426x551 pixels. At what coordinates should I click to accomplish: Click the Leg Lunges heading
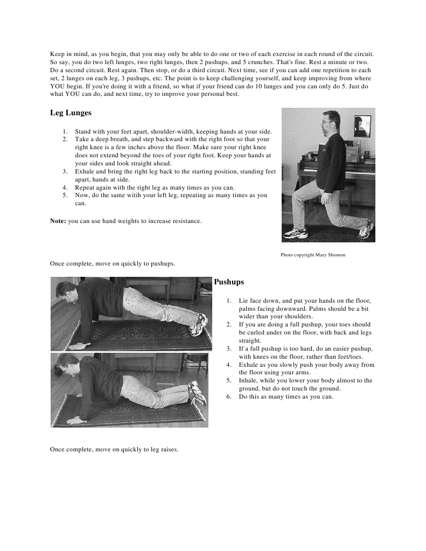pyautogui.click(x=71, y=113)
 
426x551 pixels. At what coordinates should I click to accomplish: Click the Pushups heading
pyautogui.click(x=229, y=282)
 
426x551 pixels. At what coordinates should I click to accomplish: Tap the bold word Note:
pyautogui.click(x=58, y=221)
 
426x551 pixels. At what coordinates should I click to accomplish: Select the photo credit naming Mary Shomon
pyautogui.click(x=312, y=255)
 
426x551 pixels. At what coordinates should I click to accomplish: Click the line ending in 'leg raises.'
pyautogui.click(x=114, y=449)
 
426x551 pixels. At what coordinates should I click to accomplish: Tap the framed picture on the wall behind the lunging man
pyautogui.click(x=362, y=125)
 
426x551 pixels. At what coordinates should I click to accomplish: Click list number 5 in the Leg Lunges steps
pyautogui.click(x=65, y=196)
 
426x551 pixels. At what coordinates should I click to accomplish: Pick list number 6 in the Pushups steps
pyautogui.click(x=229, y=397)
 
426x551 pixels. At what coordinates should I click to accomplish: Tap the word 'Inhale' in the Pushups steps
pyautogui.click(x=248, y=380)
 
